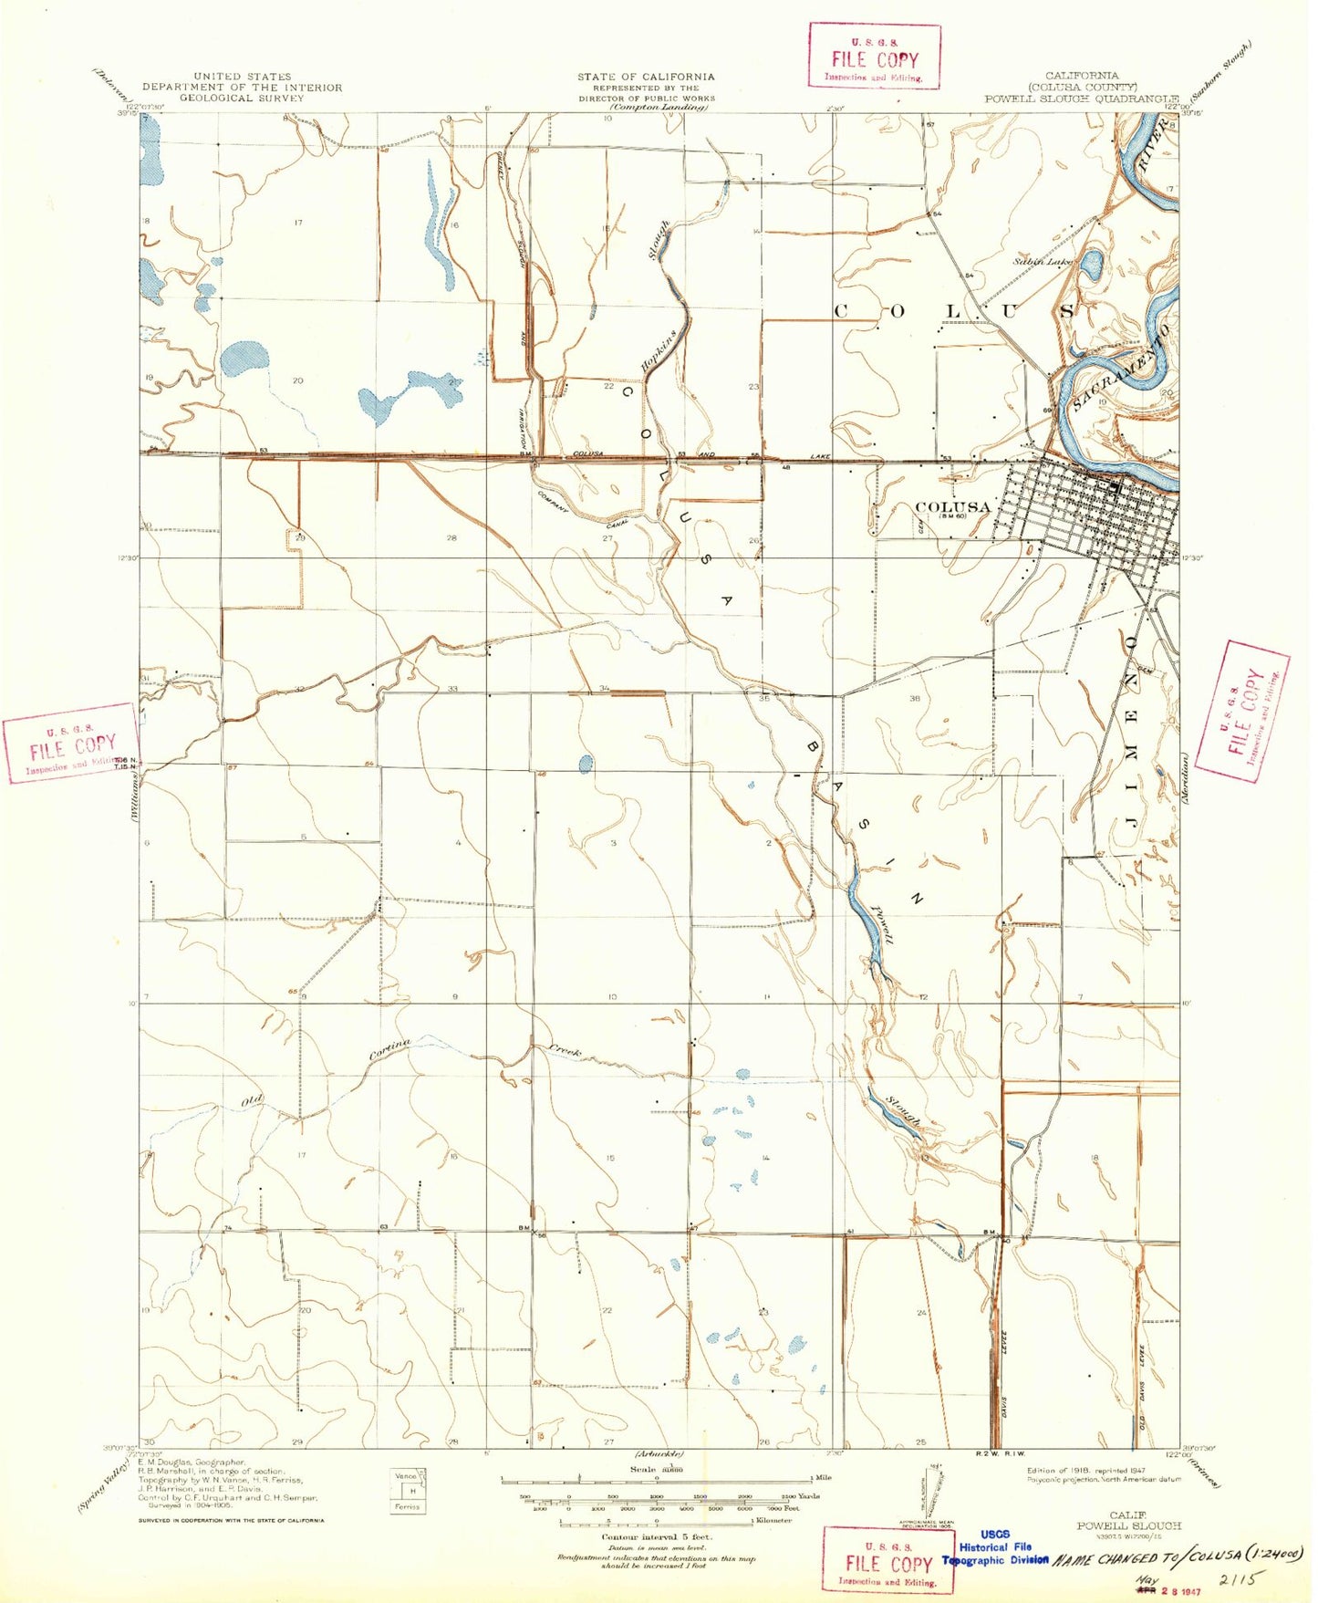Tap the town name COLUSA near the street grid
point(952,507)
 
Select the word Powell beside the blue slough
point(882,926)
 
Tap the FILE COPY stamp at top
point(874,57)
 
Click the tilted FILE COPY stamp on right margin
point(1241,711)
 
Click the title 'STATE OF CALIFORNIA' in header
point(646,77)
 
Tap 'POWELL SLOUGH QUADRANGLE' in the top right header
point(1081,99)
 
